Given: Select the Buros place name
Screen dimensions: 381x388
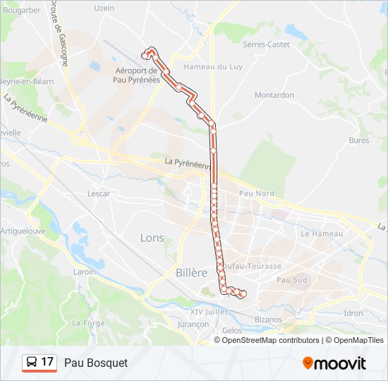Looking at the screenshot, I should coord(358,140).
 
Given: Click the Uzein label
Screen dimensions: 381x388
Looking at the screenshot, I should coord(104,8).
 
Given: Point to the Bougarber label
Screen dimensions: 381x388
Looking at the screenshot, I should coord(21,11).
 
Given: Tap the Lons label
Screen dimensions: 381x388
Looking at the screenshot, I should coord(152,237).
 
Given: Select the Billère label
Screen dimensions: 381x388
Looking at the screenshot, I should coord(191,272).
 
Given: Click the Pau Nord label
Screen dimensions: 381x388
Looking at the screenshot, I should coord(256,193).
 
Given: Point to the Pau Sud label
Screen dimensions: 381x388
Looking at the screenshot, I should coord(292,280).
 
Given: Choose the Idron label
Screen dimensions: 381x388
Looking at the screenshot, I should coord(353,313).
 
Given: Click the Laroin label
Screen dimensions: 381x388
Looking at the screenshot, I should coord(84,272).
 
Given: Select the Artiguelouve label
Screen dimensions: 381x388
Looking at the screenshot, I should coord(23,231).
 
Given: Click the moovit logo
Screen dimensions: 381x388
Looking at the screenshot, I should coord(334,363).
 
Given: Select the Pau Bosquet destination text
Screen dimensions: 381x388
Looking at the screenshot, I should coord(96,363).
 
